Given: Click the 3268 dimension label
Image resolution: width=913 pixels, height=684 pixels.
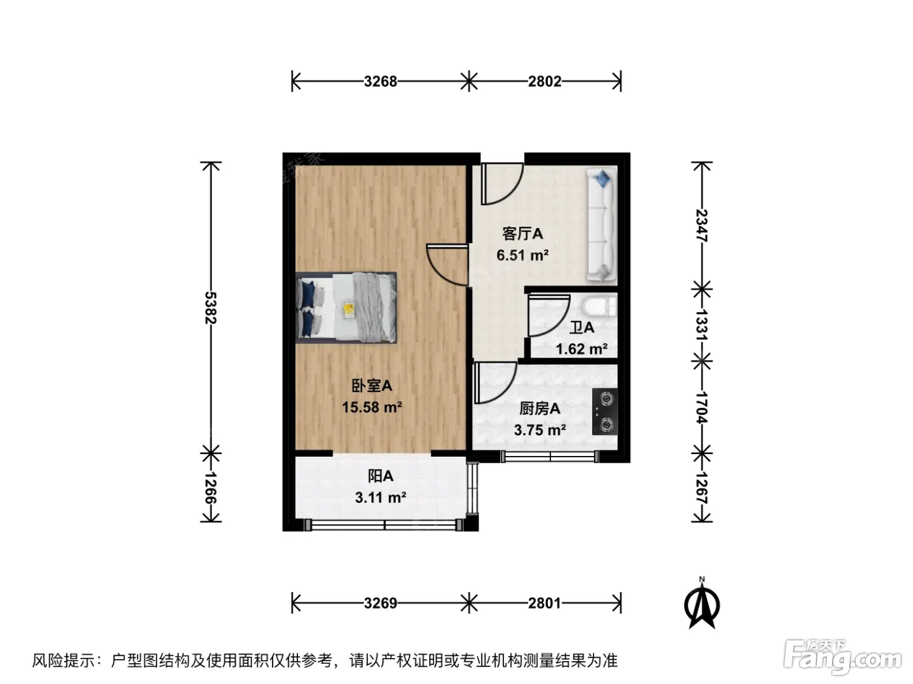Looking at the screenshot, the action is tap(380, 81).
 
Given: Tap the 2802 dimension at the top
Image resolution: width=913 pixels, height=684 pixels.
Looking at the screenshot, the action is tap(545, 81).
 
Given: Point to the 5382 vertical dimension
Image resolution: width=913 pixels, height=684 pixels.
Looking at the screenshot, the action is tap(211, 307).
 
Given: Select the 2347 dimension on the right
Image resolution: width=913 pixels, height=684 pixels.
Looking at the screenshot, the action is tap(702, 225).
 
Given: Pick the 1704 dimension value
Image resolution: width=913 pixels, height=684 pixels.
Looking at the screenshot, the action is tap(702, 407).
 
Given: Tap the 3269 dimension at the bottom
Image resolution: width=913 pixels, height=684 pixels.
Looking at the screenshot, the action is tap(380, 603).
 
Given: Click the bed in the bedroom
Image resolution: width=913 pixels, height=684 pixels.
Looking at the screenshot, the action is tap(346, 307).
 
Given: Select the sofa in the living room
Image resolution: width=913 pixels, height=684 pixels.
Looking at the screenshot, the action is tap(601, 224).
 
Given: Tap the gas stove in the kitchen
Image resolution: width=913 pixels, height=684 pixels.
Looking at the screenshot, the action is tap(605, 412).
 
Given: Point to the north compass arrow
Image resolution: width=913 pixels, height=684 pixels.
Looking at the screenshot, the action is tap(702, 605).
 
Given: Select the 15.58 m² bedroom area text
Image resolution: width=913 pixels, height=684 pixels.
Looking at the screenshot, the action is tap(372, 407).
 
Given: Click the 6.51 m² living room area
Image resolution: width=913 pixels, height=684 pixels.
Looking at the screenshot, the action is tap(522, 255).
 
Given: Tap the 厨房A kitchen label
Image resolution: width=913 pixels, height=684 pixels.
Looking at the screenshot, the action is tap(539, 409).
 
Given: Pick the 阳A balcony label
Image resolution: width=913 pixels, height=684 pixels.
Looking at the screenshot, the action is tap(381, 476).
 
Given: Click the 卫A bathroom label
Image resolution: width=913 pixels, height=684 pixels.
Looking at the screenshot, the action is tap(582, 328).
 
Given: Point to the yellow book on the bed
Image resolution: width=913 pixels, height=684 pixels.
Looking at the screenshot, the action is tap(348, 310).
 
